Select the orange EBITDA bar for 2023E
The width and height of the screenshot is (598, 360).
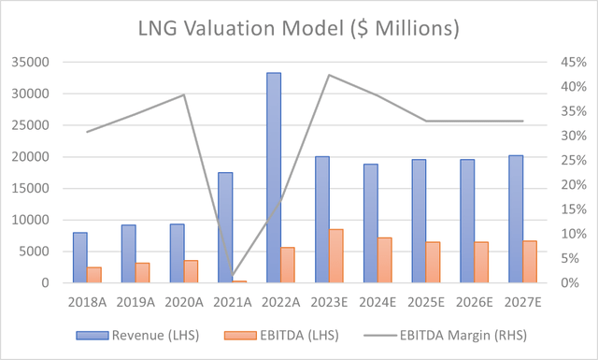[x=335, y=256]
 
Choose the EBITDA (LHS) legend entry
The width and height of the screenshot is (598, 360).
[x=278, y=333]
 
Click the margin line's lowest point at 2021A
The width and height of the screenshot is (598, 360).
[x=232, y=278]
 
